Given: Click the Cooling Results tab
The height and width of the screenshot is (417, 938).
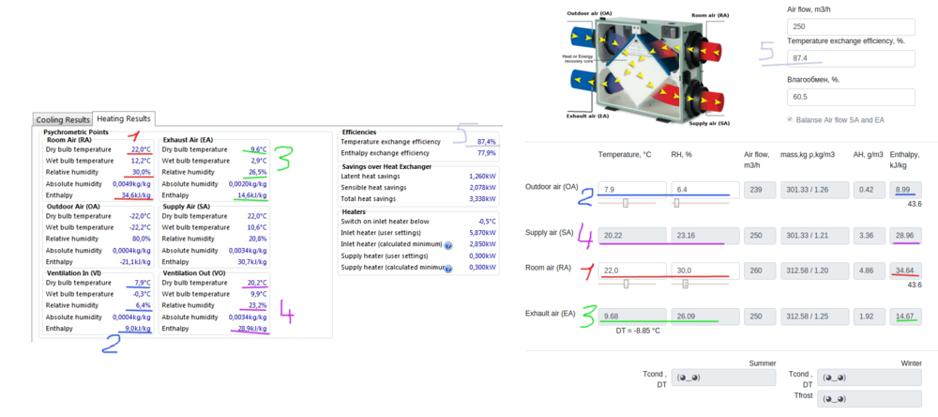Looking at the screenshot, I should click(x=63, y=119).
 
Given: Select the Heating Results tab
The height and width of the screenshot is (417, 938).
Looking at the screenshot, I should click(x=124, y=118).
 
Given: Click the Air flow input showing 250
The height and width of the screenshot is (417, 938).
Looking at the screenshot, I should click(x=850, y=27).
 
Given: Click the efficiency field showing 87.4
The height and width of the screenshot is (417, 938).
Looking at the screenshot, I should click(x=850, y=58).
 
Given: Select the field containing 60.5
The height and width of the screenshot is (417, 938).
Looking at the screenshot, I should click(x=850, y=97).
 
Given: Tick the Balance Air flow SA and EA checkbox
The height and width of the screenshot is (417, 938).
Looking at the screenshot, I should click(x=791, y=120).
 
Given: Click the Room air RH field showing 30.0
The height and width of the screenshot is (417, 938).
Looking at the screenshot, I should click(x=701, y=270).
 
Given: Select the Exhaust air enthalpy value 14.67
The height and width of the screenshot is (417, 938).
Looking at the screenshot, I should click(x=904, y=317).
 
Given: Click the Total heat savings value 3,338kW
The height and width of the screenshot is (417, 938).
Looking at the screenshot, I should click(x=482, y=199).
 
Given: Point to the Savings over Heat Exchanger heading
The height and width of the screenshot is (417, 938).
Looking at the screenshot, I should click(x=387, y=166).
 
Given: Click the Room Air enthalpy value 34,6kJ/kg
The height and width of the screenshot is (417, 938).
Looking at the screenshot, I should click(x=136, y=195).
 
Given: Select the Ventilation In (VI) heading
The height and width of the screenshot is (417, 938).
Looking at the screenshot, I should click(x=74, y=272).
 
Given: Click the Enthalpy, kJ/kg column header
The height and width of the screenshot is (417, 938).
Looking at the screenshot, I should click(x=903, y=159).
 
